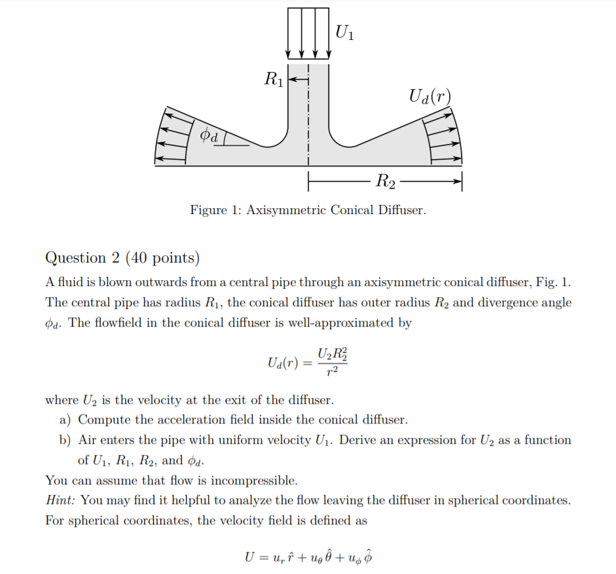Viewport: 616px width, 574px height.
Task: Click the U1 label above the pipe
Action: coord(344,31)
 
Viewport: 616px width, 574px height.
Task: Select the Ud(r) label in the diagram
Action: coord(429,98)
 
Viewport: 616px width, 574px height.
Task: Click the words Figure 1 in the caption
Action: coord(213,210)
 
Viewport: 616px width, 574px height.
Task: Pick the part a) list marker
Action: coord(65,420)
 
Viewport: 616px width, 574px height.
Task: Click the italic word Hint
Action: coord(60,501)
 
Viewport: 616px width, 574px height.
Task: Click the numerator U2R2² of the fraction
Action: coord(333,355)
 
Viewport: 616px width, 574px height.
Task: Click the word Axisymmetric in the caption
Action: coord(285,210)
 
